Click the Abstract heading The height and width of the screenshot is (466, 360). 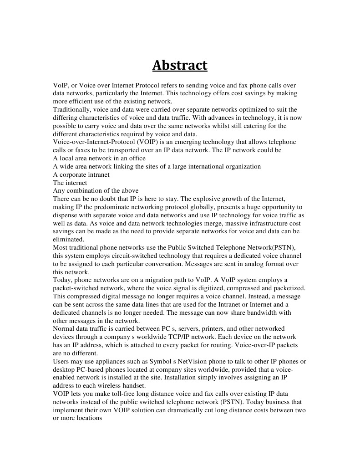180,66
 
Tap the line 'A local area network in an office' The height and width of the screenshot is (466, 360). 99,158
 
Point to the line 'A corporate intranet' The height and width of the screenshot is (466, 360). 81,174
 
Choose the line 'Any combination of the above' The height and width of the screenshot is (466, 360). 96,191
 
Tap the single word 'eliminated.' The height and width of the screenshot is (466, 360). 69,240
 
